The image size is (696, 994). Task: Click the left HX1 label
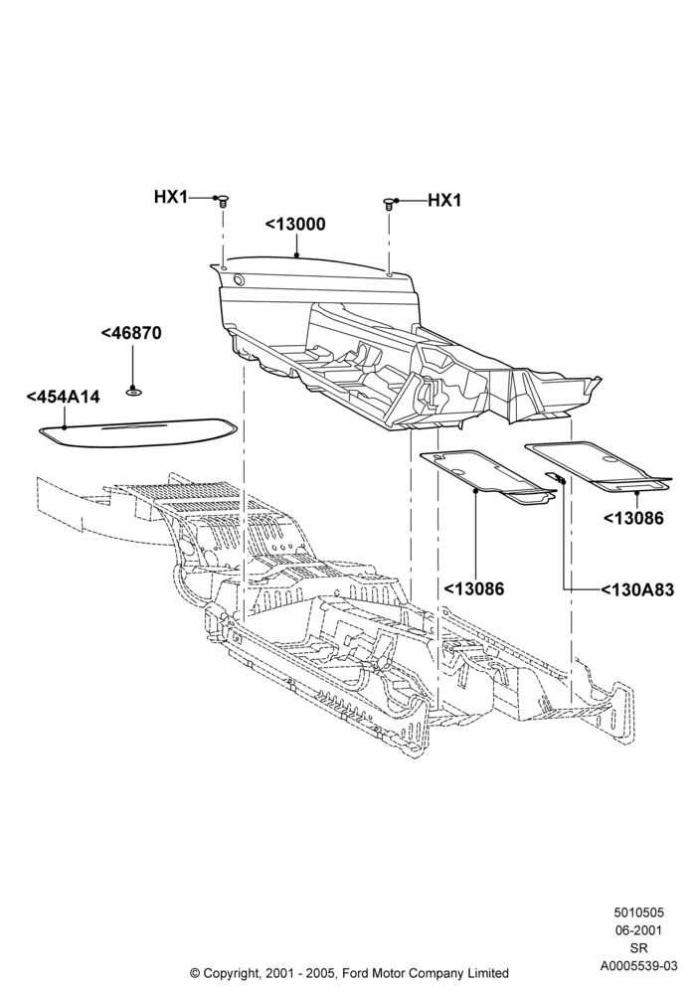[x=170, y=197]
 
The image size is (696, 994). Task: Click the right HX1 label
[x=444, y=201]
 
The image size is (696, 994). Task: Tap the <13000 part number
[x=295, y=225]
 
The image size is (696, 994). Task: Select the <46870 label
[x=131, y=333]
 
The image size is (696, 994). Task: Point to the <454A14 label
[x=64, y=397]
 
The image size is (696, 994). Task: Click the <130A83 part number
[x=637, y=590]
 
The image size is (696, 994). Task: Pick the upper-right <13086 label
[x=633, y=518]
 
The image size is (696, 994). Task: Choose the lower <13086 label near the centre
[x=473, y=588]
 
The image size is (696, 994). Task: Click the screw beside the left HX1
[x=223, y=202]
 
